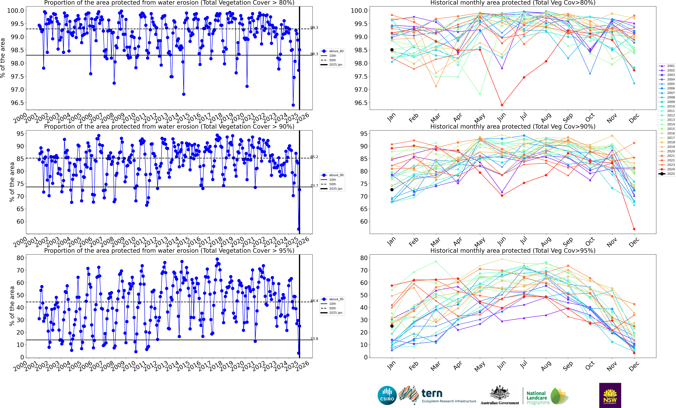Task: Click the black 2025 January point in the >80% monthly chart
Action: pyautogui.click(x=392, y=50)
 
